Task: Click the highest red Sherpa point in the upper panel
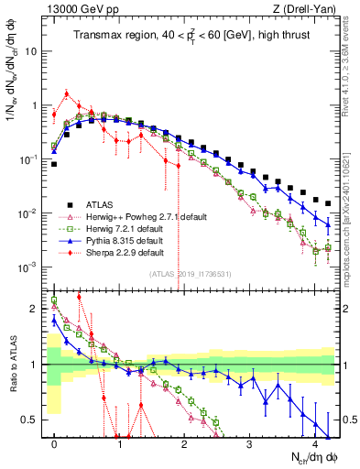67,93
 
